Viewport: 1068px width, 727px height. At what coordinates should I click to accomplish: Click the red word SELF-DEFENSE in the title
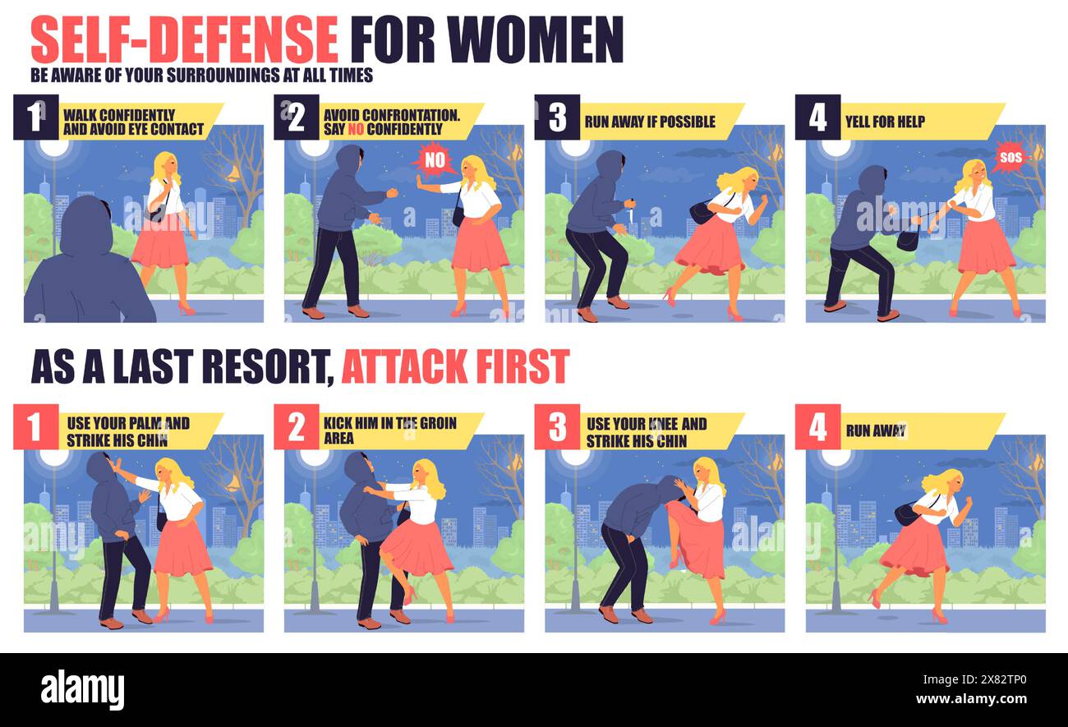click(x=184, y=39)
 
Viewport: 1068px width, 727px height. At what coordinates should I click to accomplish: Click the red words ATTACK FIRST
click(x=454, y=366)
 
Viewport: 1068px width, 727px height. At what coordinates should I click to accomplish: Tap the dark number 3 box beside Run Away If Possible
click(x=557, y=117)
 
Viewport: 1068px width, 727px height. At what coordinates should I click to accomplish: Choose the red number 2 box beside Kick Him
click(x=296, y=427)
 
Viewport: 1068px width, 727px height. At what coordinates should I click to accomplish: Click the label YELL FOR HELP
click(x=885, y=122)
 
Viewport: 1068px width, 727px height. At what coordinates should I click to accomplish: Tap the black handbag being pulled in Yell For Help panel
click(x=908, y=239)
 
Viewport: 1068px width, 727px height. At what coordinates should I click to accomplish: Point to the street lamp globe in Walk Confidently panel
click(x=55, y=148)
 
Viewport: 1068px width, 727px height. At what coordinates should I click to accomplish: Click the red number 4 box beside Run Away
click(x=817, y=427)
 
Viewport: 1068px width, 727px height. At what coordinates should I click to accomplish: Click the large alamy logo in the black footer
click(x=82, y=688)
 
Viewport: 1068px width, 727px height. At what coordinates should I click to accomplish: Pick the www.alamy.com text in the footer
click(x=985, y=701)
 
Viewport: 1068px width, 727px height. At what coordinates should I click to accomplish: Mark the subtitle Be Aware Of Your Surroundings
click(x=202, y=76)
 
